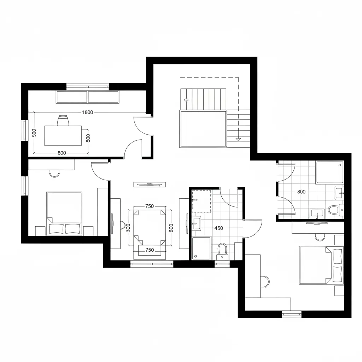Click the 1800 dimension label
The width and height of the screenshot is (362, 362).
[x=87, y=112]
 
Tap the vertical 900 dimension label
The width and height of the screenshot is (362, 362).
[x=34, y=133]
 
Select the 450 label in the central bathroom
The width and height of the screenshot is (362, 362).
[x=219, y=228]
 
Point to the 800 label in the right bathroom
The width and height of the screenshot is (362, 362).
[x=301, y=192]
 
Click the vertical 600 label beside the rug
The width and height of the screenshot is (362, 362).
[x=171, y=228]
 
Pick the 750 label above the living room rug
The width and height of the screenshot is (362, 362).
[x=150, y=206]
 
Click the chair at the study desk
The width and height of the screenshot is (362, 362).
[x=63, y=121]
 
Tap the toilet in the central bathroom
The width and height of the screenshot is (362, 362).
[x=222, y=250]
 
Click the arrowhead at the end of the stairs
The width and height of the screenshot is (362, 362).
[x=238, y=139]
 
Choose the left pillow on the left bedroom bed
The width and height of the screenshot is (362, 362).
[x=56, y=229]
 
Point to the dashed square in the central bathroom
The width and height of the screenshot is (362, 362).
[x=201, y=201]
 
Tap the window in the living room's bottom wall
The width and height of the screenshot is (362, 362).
[x=152, y=263]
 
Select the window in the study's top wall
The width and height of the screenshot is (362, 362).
[x=88, y=86]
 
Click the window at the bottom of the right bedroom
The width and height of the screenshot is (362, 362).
[x=292, y=314]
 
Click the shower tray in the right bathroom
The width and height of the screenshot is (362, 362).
[x=329, y=173]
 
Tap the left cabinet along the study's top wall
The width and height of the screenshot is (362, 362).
[x=72, y=97]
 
